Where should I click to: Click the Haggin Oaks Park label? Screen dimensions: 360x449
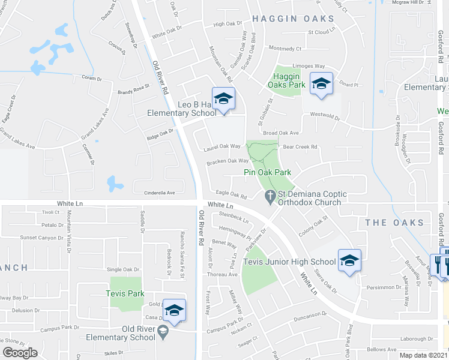tap(289, 80)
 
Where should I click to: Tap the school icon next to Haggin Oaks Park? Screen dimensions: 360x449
tap(321, 84)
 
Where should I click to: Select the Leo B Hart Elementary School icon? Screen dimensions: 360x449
tap(223, 100)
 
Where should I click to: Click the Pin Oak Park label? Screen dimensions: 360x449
tap(267, 172)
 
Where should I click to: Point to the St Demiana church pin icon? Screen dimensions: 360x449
tap(270, 196)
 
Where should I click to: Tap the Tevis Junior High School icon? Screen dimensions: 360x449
tap(349, 261)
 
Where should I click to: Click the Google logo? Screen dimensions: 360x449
tap(20, 353)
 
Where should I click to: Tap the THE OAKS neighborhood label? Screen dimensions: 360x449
tap(394, 223)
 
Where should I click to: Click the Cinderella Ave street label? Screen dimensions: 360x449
tap(154, 193)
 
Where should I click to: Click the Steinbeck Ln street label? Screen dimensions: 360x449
tap(234, 217)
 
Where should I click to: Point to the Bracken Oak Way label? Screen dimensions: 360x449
tap(228, 161)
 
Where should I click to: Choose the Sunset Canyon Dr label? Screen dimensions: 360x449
tap(41, 238)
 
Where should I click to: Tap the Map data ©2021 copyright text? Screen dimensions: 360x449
tap(424, 356)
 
